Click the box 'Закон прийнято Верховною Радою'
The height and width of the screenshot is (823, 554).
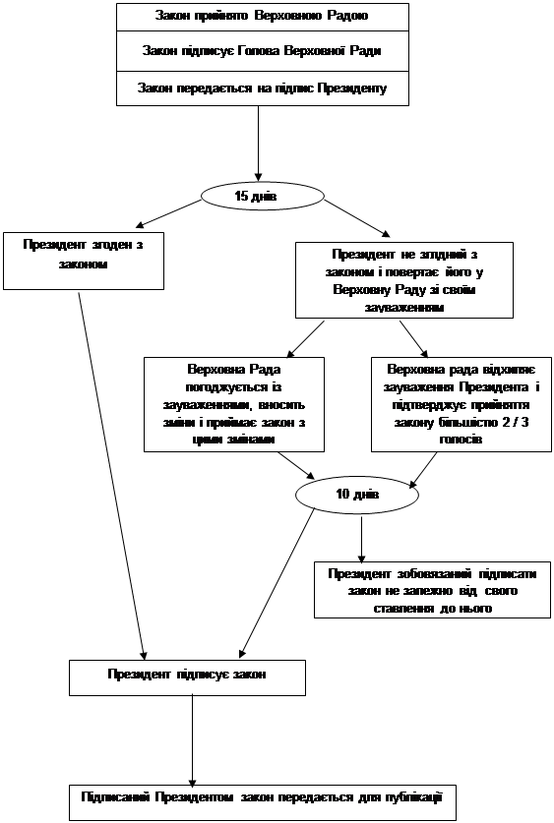click(263, 17)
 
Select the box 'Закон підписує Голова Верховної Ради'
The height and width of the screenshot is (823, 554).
click(263, 51)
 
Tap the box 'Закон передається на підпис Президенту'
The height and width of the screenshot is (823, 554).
click(263, 88)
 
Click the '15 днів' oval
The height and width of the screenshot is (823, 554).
click(262, 197)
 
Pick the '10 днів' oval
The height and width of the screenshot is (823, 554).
click(357, 495)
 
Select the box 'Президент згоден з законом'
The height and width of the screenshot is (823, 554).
click(84, 261)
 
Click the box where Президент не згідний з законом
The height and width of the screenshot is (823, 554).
click(404, 280)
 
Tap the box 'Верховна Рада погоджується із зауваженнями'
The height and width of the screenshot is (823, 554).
click(234, 404)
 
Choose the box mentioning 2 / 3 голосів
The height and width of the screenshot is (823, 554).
click(462, 404)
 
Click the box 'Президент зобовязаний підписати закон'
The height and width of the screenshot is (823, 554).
click(433, 590)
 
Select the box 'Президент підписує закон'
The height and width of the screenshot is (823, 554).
click(188, 677)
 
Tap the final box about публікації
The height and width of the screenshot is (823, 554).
click(263, 802)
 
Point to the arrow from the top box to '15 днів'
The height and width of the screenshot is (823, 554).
click(258, 144)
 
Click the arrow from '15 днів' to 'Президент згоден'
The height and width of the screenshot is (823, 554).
click(168, 214)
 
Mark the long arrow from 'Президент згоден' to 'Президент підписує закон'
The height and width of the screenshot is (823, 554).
click(112, 476)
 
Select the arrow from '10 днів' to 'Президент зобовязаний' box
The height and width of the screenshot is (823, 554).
click(361, 540)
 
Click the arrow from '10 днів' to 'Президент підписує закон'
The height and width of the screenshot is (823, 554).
click(277, 584)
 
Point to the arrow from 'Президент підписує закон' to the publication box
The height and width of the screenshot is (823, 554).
click(192, 740)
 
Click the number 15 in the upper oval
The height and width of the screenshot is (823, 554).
click(241, 197)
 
